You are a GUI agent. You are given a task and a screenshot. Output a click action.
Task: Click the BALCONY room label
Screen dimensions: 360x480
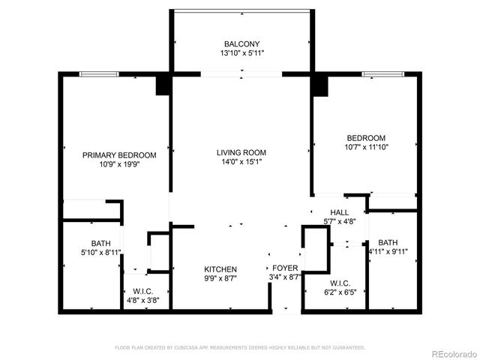[x=241, y=44]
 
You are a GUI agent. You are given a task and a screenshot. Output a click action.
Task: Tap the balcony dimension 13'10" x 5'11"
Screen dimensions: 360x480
[x=241, y=54]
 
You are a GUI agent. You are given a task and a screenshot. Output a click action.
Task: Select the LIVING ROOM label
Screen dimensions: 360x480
[x=241, y=152]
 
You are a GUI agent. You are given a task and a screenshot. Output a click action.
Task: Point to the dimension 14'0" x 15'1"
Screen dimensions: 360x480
[x=241, y=162]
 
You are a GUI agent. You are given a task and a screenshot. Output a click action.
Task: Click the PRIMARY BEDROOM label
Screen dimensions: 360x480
[x=119, y=155]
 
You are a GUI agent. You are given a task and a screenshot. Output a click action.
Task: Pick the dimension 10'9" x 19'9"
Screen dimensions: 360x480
[x=119, y=164]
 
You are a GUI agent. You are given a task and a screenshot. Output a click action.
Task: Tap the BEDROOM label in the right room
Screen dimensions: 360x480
[x=365, y=138]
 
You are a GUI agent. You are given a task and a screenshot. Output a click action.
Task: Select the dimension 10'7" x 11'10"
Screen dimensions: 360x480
[x=365, y=147]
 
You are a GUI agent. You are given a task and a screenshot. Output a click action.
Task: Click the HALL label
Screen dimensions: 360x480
[x=338, y=212]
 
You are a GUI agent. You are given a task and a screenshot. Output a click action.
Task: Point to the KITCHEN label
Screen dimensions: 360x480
[x=220, y=269]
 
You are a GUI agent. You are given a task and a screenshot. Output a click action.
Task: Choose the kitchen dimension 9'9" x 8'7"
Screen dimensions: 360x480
[x=220, y=278]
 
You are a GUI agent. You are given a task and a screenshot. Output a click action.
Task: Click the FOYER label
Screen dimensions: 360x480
[x=285, y=268]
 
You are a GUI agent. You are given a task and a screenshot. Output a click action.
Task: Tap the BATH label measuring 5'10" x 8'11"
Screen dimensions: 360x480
[x=100, y=243]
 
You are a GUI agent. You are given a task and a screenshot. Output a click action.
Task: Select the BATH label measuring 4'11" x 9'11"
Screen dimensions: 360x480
[x=388, y=242]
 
